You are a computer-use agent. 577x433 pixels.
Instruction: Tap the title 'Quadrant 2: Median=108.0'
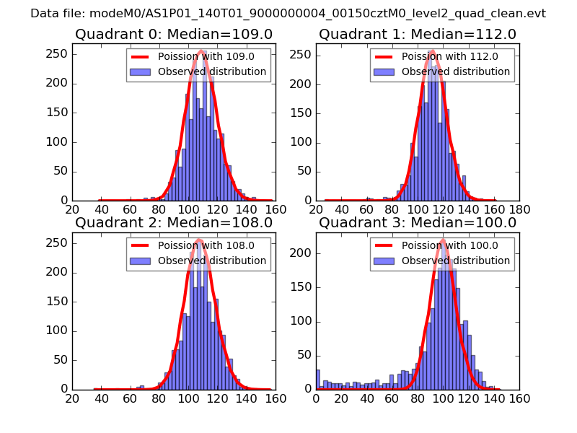pos(173,223)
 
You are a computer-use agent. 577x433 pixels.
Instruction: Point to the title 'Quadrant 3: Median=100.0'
pos(418,223)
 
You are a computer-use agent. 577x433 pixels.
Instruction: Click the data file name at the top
pos(288,14)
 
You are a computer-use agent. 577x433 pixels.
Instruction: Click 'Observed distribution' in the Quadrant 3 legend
pos(456,261)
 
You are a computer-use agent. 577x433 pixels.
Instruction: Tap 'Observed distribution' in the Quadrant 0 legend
pos(212,72)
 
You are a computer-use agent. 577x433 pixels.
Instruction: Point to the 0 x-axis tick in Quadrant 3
pos(317,398)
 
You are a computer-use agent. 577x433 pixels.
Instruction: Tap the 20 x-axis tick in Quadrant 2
pos(73,398)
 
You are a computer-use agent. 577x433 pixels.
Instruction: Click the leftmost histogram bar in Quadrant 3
pos(318,380)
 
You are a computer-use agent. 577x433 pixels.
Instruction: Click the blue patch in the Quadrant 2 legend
pos(141,261)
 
